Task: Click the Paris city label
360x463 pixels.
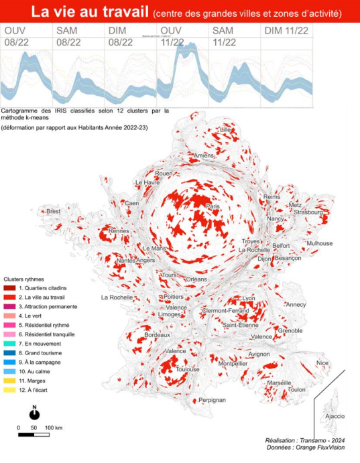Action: tap(213, 207)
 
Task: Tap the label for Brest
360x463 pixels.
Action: tap(53, 211)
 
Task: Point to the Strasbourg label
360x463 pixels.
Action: tap(308, 212)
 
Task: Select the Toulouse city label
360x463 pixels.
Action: tap(188, 369)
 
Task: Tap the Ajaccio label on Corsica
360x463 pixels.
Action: tap(335, 416)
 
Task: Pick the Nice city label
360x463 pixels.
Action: tap(322, 363)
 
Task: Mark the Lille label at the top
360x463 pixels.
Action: tap(225, 129)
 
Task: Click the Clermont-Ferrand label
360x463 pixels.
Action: tap(232, 310)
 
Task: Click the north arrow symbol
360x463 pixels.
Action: tap(34, 413)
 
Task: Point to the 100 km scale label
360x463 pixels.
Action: tap(54, 427)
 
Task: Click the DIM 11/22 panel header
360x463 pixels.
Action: tap(286, 31)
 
